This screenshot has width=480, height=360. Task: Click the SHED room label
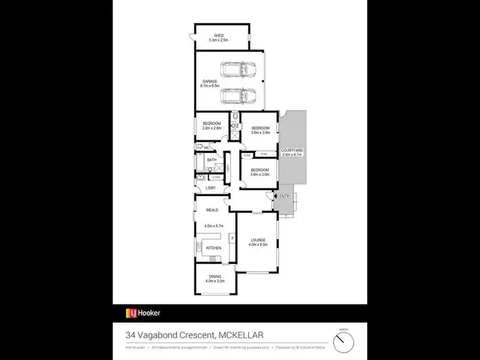[x=219, y=36]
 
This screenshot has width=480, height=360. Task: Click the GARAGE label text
[x=210, y=82]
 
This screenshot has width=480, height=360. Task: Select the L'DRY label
[x=211, y=188]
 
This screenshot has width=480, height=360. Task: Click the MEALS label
[x=212, y=210]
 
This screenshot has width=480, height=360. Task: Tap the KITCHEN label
[x=213, y=247]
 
